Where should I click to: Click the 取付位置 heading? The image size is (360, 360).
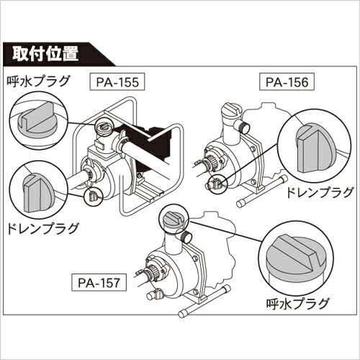(45, 53)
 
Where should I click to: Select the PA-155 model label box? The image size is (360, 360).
(117, 82)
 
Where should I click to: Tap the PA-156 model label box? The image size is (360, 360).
(287, 82)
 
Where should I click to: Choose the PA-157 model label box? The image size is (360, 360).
(99, 283)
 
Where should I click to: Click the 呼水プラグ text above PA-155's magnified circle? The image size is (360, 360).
(38, 81)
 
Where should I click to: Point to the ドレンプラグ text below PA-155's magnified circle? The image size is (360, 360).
(42, 228)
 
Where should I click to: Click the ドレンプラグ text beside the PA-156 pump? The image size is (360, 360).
(320, 192)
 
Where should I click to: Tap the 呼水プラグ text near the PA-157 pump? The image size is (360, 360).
(297, 303)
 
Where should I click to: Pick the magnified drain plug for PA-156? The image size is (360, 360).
(314, 148)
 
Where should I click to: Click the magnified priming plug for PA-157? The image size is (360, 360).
(296, 262)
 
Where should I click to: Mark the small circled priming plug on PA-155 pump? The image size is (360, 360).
(103, 127)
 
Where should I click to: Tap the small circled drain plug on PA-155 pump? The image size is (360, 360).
(93, 196)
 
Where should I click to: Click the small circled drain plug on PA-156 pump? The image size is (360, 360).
(217, 184)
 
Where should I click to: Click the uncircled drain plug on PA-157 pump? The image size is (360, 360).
(155, 294)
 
